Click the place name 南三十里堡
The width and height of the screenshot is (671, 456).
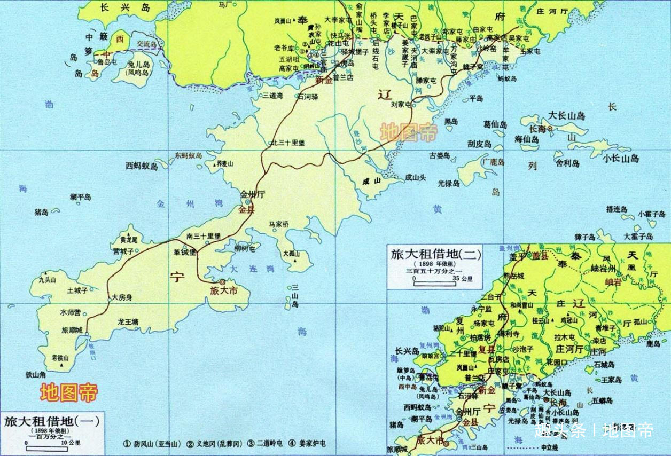[204, 236]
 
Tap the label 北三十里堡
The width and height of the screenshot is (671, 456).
[288, 143]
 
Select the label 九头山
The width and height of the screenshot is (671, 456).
[47, 279]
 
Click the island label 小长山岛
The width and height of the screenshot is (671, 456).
[621, 158]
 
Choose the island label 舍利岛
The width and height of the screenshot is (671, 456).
[567, 163]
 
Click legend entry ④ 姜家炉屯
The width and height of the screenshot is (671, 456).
[307, 444]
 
